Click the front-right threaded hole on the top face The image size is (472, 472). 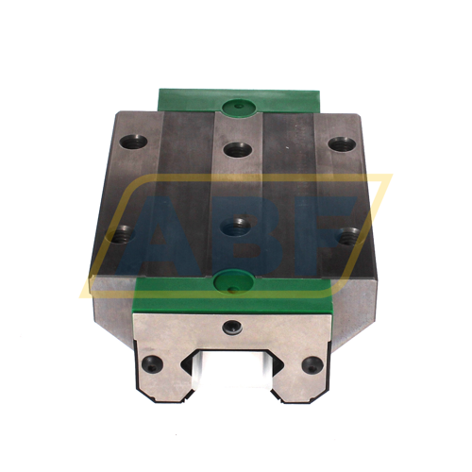pos(351,233)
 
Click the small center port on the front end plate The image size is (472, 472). pos(229,326)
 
